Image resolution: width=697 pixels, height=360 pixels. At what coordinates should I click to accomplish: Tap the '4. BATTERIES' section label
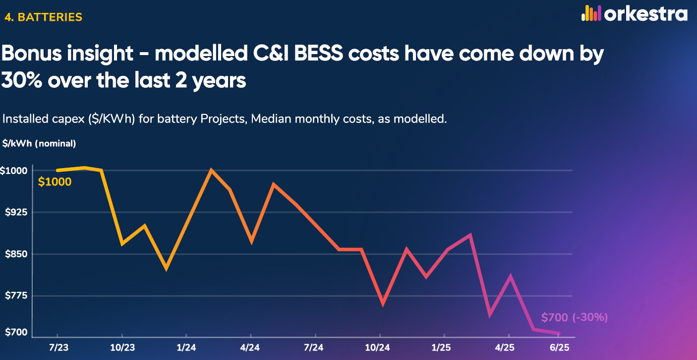tap(43, 17)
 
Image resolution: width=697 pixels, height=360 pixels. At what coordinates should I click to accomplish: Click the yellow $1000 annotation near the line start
tap(55, 182)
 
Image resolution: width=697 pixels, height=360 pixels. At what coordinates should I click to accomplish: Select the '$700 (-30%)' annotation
tap(574, 317)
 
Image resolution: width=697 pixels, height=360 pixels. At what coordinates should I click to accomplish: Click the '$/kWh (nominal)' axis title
tap(39, 144)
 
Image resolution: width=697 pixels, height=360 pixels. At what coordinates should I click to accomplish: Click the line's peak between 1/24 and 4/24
tap(212, 170)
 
